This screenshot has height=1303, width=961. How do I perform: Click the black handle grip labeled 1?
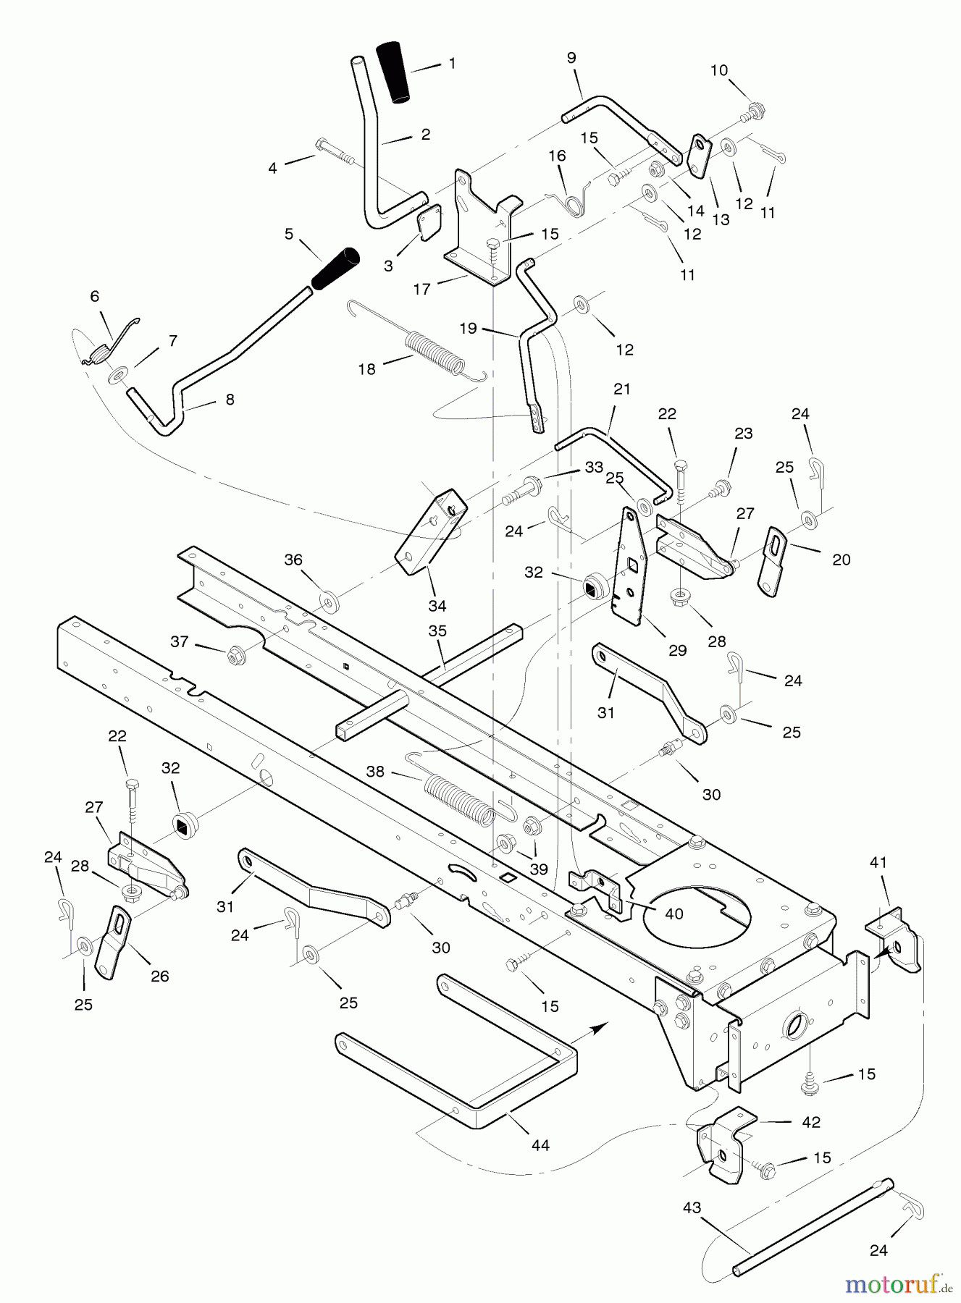pos(393,73)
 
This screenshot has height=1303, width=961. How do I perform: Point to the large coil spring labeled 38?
pos(458,799)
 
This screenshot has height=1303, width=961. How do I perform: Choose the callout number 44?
pos(540,1145)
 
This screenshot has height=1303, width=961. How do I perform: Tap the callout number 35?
pos(437,631)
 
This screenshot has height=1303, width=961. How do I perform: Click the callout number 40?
pos(673,914)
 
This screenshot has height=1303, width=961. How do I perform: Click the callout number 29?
pos(677,651)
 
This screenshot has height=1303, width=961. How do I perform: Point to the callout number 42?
pos(811,1122)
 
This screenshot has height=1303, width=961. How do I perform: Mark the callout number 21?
pos(621,389)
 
